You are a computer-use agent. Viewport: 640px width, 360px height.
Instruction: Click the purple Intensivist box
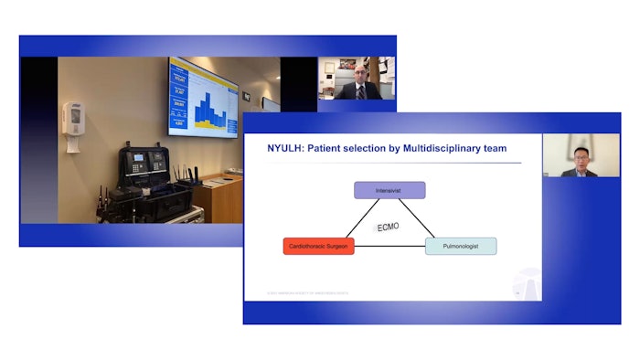tap(389, 190)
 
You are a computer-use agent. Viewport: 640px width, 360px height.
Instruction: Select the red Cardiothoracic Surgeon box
tap(318, 246)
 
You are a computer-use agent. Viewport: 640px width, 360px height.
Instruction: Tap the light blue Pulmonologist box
tap(461, 246)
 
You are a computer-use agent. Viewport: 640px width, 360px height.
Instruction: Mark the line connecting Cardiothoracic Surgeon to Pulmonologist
tap(389, 247)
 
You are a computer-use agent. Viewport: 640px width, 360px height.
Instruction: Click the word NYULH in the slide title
tap(283, 149)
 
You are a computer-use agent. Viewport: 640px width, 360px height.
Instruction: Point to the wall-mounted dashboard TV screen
tap(203, 96)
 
